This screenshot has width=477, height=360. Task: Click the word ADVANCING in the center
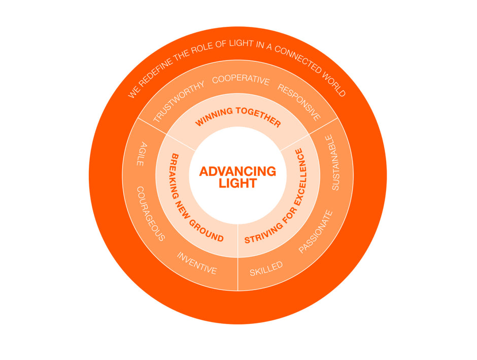click(x=237, y=171)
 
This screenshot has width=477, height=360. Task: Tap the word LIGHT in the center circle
click(x=237, y=184)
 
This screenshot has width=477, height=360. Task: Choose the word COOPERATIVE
click(x=241, y=80)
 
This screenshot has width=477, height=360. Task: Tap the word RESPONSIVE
click(x=299, y=102)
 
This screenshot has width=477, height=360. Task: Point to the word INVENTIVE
click(x=197, y=263)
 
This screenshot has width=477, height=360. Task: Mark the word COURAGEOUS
click(x=151, y=213)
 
